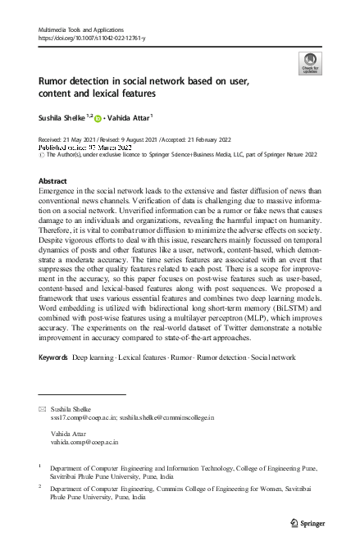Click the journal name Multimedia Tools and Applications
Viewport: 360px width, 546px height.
[x=78, y=29]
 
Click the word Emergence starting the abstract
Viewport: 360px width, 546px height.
[x=61, y=189]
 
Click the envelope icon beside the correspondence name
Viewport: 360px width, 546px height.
[x=42, y=407]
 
